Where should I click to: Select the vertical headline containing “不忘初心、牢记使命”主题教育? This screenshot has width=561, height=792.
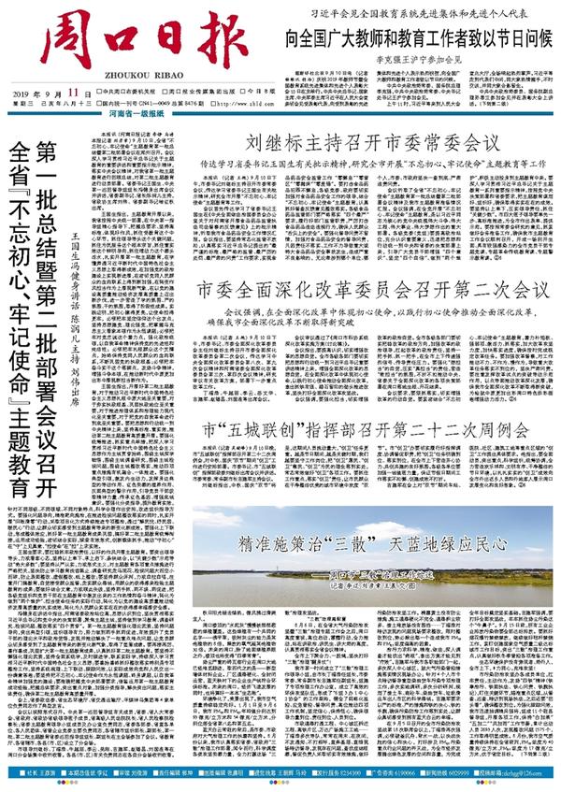21,318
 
